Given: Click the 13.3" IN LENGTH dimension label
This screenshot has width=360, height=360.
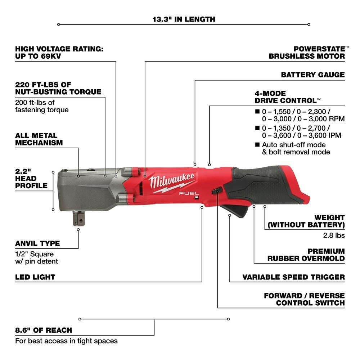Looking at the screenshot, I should pos(184,19).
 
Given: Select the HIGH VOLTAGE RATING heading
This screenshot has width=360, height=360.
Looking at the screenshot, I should pos(59,52).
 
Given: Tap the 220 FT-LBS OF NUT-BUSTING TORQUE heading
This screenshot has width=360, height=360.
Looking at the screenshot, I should pos(58,88).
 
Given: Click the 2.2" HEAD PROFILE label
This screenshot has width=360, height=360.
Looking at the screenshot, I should pos(31,178).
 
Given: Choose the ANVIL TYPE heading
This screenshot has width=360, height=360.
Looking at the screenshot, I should pos(37,243).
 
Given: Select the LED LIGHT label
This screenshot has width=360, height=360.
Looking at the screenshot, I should pos(35,277).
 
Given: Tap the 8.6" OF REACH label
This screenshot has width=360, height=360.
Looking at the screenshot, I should pos(44,330).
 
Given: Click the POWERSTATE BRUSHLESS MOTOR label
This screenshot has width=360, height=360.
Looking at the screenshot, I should pos(307,52).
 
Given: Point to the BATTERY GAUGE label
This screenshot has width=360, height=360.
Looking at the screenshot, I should pos(313,75).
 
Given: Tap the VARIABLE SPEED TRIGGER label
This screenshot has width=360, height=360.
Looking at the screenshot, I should pos(293,277).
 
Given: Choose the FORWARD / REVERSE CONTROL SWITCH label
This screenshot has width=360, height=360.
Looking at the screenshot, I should pos(304,299).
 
